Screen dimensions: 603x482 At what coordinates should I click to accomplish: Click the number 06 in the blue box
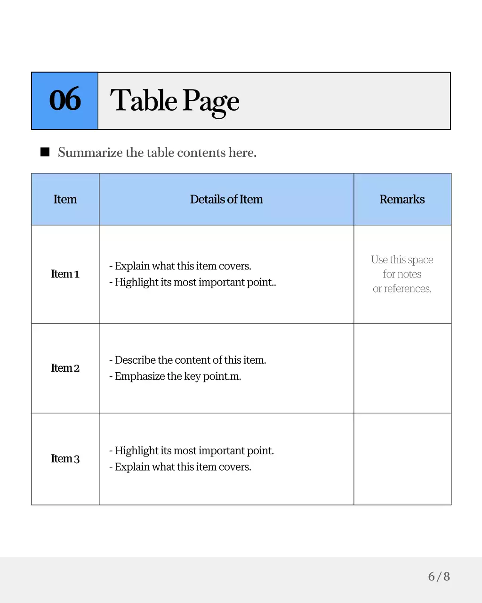(x=65, y=100)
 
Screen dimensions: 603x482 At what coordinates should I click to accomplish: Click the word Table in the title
(x=143, y=100)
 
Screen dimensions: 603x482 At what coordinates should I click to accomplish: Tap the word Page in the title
(x=211, y=101)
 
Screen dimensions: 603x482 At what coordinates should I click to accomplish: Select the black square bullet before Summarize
(x=45, y=152)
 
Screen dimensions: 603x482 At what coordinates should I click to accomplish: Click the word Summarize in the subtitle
(x=90, y=153)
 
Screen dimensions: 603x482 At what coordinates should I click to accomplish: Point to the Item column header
(x=65, y=199)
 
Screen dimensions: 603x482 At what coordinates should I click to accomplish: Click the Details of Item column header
(x=226, y=199)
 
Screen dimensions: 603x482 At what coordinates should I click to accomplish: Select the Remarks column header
(x=402, y=199)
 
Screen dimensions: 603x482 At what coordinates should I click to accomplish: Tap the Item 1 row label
(x=65, y=274)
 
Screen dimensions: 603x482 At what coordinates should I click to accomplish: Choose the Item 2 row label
(x=65, y=368)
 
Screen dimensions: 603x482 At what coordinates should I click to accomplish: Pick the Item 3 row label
(x=65, y=458)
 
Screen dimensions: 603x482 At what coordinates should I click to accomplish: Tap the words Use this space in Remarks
(x=402, y=260)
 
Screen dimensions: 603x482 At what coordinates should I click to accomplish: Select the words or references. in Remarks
(x=402, y=288)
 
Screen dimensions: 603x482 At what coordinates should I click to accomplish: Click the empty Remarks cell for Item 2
(x=402, y=368)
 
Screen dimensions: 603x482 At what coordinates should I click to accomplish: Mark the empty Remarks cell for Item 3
(x=402, y=458)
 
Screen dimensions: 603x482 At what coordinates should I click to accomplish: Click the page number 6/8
(x=439, y=576)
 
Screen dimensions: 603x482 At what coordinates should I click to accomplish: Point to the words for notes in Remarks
(x=402, y=274)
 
